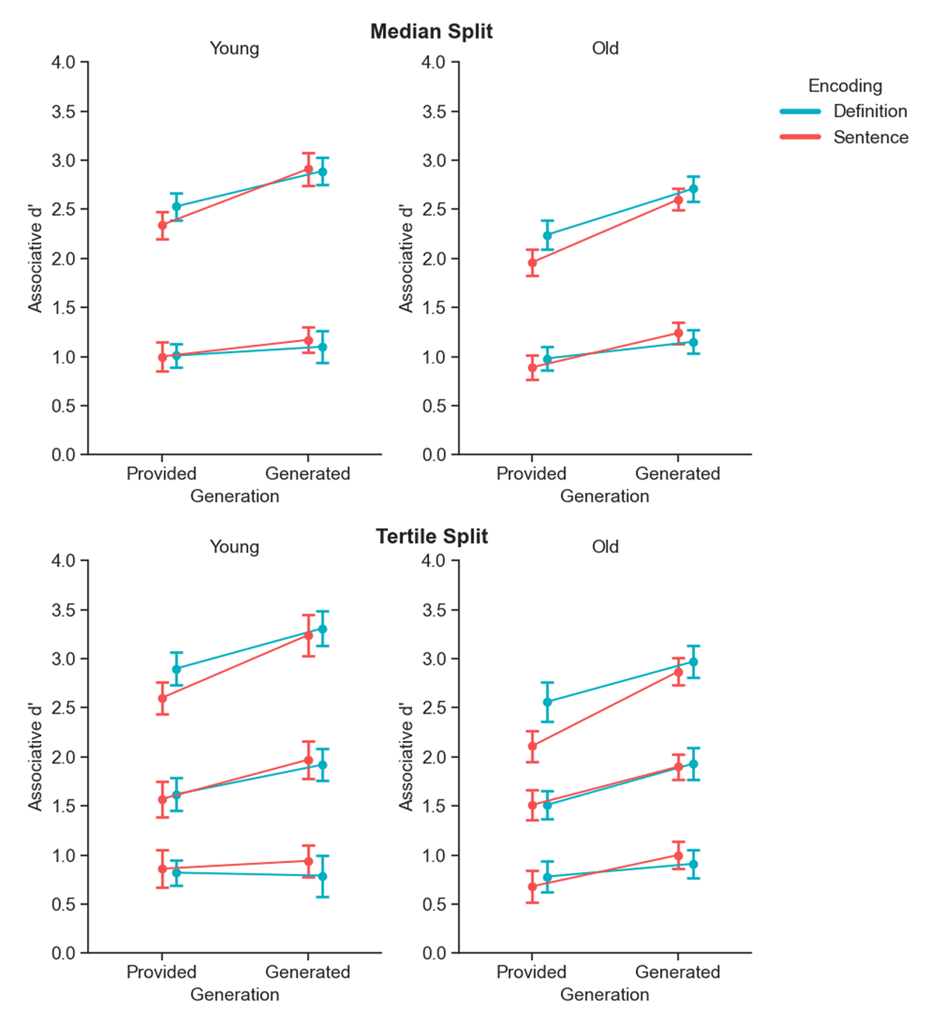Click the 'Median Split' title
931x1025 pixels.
click(431, 31)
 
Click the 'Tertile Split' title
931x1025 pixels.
click(431, 536)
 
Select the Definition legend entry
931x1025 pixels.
click(870, 111)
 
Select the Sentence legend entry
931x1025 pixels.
click(870, 137)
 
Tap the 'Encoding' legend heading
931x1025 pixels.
click(845, 85)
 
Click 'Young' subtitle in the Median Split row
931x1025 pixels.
click(234, 48)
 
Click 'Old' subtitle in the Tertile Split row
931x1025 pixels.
click(605, 547)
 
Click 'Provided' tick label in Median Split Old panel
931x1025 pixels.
click(531, 473)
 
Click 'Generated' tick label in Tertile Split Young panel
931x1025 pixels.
click(308, 972)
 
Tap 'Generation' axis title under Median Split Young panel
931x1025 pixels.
click(234, 496)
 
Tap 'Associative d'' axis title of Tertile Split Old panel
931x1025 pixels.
click(406, 757)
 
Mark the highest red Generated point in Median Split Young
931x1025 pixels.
click(308, 169)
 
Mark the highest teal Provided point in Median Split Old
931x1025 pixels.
click(547, 235)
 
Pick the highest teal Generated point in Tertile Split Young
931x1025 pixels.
click(323, 629)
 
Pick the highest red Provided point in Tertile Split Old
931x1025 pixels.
click(532, 746)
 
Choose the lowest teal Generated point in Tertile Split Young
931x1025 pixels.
click(323, 877)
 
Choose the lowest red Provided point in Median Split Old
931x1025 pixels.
click(532, 368)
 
